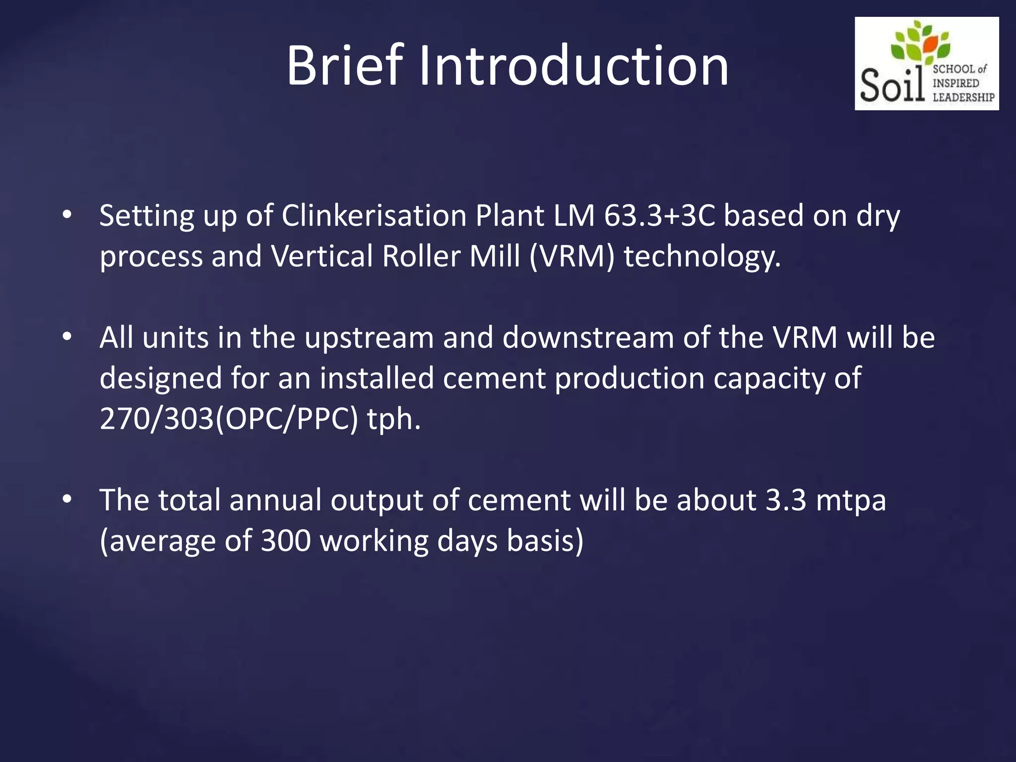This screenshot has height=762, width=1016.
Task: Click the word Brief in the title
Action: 344,66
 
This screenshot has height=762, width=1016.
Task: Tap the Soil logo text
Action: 892,85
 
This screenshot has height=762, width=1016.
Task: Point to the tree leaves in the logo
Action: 921,43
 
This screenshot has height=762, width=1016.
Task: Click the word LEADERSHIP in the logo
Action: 963,97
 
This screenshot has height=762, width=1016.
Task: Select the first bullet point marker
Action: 67,215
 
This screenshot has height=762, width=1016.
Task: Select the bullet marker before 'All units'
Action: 67,337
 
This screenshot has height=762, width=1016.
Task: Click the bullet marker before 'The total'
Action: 67,500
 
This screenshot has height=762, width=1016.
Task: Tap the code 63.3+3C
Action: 659,216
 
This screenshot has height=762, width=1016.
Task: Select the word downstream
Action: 588,338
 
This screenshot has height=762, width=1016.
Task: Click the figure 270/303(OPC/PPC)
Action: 229,419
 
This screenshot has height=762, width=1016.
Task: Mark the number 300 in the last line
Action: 286,541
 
